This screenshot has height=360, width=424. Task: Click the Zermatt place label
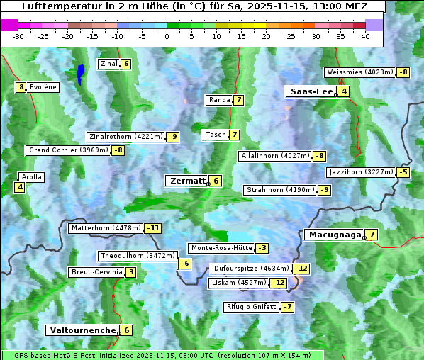(x=186, y=181)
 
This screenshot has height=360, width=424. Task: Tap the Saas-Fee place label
(x=310, y=91)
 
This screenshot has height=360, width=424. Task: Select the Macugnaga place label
(x=333, y=235)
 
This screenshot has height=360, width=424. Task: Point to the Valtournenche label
(x=82, y=330)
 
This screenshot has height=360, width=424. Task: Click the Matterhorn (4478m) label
(x=106, y=228)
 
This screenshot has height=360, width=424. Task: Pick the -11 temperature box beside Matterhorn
(x=152, y=228)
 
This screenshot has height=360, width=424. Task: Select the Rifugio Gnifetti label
(x=251, y=307)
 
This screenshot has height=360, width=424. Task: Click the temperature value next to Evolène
(x=21, y=87)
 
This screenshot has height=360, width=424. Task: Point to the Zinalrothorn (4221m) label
(x=125, y=137)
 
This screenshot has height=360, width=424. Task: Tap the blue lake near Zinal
(x=81, y=73)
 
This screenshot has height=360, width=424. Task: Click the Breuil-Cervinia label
(x=96, y=272)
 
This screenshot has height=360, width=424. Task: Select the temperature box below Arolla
(x=20, y=187)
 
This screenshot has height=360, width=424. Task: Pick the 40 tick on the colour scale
(x=365, y=36)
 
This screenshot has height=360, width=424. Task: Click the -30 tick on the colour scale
(x=18, y=36)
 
